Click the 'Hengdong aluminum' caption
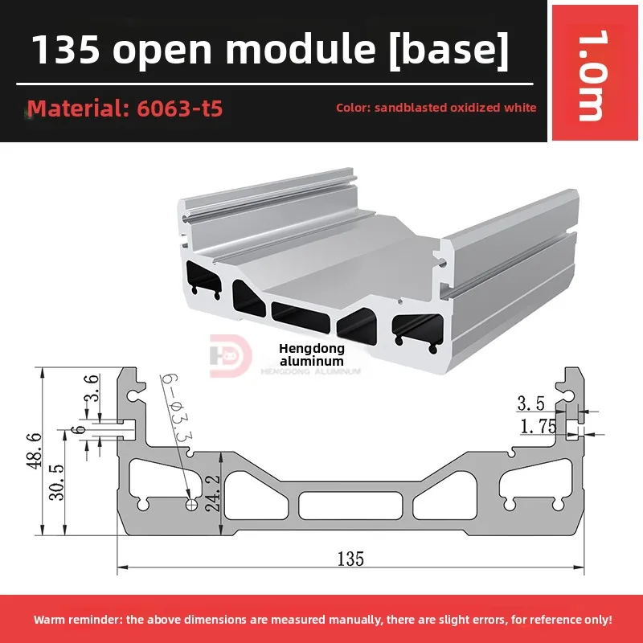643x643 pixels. click(x=312, y=354)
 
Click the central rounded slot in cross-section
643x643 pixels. click(x=350, y=505)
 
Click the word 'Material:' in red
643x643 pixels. click(x=73, y=108)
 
